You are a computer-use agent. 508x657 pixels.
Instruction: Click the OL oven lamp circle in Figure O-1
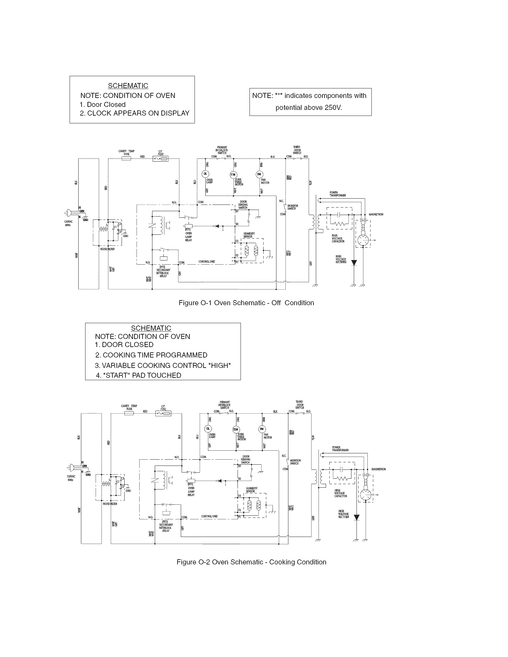tap(205, 174)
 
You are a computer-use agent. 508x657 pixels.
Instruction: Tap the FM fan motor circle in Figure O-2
tap(262, 429)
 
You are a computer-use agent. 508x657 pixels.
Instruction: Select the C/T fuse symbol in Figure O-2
tap(163, 414)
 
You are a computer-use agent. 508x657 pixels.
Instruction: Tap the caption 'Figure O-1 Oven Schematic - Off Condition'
tap(246, 303)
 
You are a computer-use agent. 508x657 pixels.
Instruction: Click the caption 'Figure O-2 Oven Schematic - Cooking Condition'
tap(251, 562)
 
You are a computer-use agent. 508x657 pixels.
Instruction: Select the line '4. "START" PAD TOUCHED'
tap(138, 375)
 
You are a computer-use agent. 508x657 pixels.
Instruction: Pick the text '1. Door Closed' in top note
tap(102, 105)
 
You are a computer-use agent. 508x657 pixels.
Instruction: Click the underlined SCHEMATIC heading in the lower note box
tap(151, 328)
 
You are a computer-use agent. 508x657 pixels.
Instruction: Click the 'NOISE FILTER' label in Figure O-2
tap(110, 504)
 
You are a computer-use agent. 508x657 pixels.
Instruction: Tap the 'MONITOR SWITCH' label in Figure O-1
tap(293, 207)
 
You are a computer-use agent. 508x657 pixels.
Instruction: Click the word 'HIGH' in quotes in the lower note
tap(219, 366)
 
